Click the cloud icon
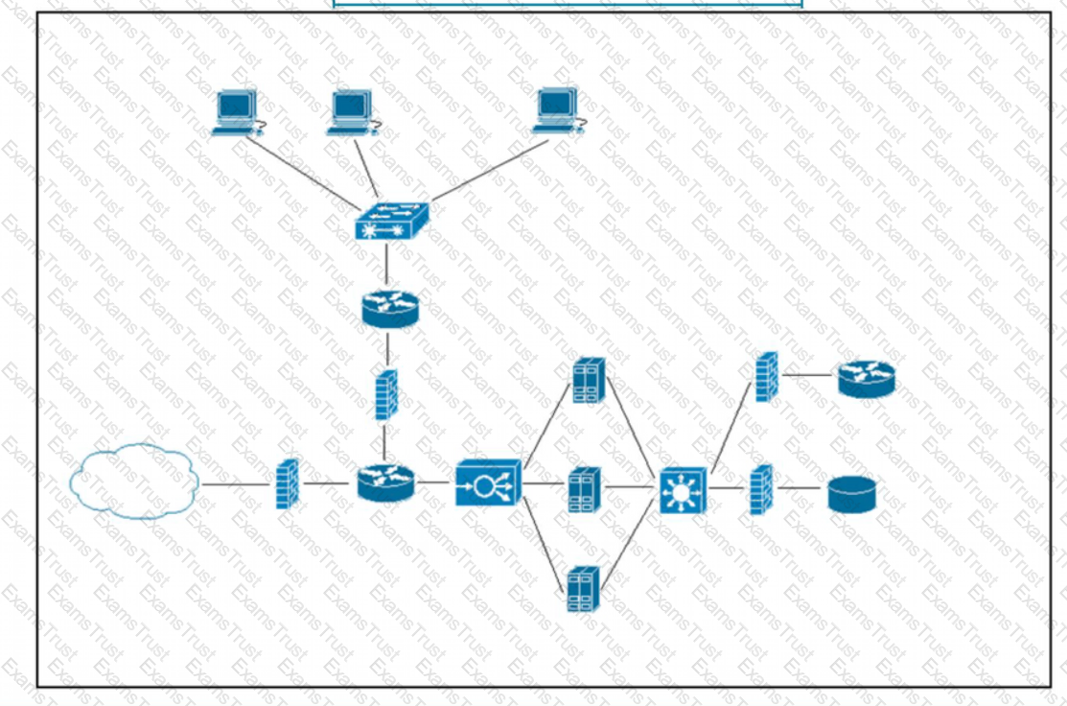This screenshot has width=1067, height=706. tap(135, 481)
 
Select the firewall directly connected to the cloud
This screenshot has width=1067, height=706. tap(287, 483)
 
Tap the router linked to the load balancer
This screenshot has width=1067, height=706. tap(385, 482)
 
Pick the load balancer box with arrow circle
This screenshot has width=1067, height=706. tap(488, 482)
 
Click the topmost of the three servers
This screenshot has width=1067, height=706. tap(588, 380)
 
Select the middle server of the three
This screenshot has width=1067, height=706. tap(583, 488)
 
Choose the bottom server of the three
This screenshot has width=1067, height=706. tap(583, 588)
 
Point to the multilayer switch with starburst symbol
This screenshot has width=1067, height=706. tap(683, 490)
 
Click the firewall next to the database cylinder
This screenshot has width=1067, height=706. tap(761, 489)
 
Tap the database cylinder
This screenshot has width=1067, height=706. tap(852, 494)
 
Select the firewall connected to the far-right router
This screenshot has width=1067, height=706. tap(766, 376)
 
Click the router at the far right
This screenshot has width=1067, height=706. tap(866, 379)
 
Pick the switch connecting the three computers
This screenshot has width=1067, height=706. tap(390, 223)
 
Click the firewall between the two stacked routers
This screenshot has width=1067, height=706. tap(385, 394)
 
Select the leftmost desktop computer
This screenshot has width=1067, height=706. tap(236, 112)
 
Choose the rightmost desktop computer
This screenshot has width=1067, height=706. tap(556, 110)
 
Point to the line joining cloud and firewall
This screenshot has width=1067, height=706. tap(236, 484)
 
